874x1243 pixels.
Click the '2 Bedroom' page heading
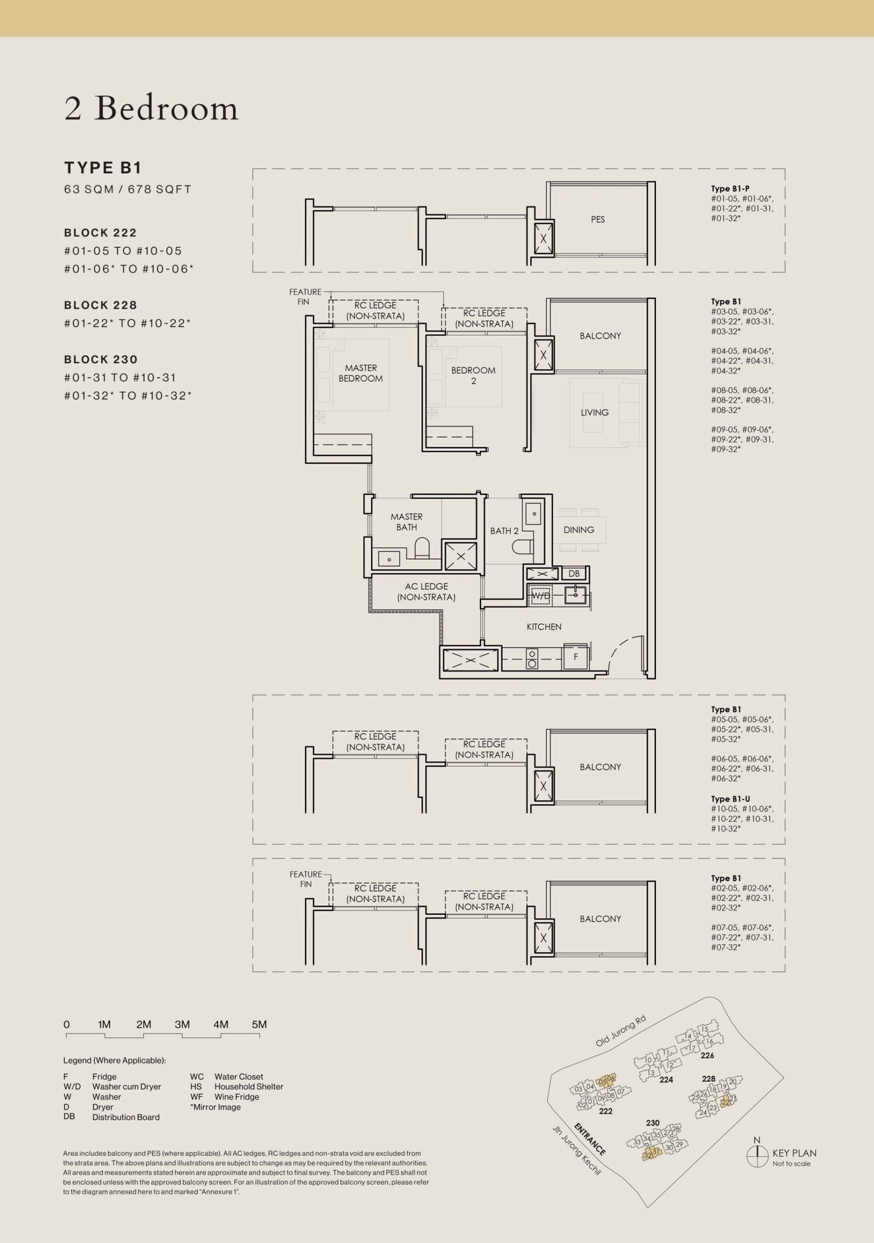(x=151, y=109)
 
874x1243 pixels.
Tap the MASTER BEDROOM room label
(x=361, y=373)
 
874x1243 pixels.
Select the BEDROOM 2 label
(x=473, y=375)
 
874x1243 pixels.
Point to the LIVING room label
(x=594, y=412)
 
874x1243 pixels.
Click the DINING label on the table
(x=578, y=530)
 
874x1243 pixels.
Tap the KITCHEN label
(x=544, y=627)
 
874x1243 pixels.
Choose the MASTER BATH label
(x=406, y=522)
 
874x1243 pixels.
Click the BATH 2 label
(x=504, y=530)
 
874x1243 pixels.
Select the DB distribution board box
(x=574, y=573)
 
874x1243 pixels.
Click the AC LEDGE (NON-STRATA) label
(x=426, y=592)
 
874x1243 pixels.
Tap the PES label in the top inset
(x=598, y=220)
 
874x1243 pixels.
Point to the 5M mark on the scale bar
(x=259, y=1025)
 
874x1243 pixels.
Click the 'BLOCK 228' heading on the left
(x=101, y=305)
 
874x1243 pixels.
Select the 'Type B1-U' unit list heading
(x=730, y=799)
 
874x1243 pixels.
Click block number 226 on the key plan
(x=707, y=1055)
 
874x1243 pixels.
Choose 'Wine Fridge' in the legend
(x=237, y=1097)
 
